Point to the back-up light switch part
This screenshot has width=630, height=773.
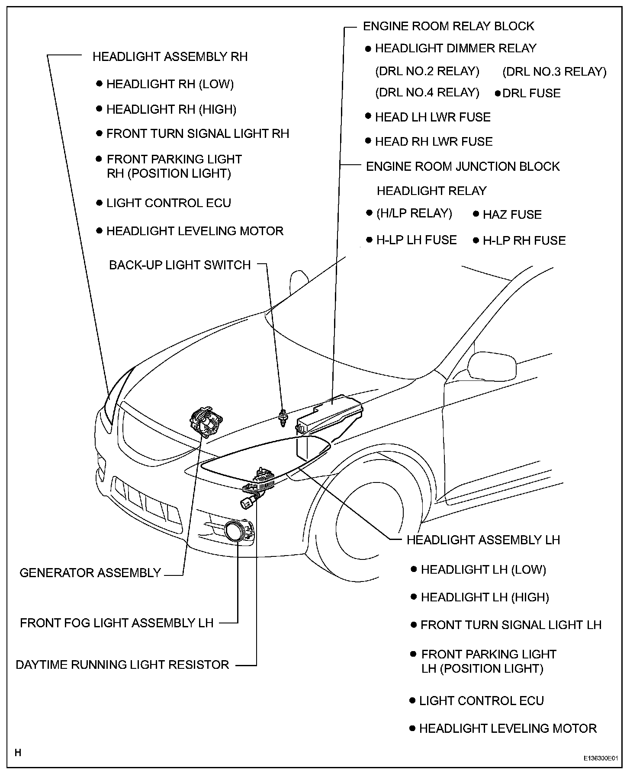coord(283,418)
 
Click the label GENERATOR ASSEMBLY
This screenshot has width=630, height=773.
coord(90,573)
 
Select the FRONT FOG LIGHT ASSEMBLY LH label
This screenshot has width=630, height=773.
coord(117,623)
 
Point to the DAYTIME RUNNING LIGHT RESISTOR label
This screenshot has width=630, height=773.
coord(122,664)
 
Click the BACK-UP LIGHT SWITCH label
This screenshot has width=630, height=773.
coord(180,265)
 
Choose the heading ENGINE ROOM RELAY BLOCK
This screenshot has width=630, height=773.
coord(448,26)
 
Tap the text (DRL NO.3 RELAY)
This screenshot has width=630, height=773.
coord(554,71)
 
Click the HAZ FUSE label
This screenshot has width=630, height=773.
coord(512,214)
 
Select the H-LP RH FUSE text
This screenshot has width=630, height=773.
coord(524,240)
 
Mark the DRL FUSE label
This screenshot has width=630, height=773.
coord(531,93)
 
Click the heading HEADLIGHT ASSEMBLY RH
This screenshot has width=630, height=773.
coord(170,57)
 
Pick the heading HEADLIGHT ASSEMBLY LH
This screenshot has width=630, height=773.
coord(483,540)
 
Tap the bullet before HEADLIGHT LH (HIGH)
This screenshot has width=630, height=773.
coord(414,597)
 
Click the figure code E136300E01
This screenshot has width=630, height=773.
coord(600,758)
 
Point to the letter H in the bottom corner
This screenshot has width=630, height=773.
coord(18,753)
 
